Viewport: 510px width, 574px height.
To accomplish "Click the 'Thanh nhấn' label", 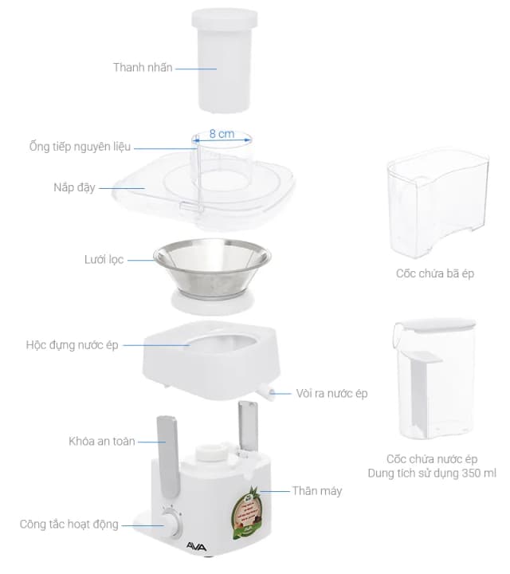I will pyautogui.click(x=143, y=68).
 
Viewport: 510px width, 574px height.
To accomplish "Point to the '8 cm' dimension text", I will pyautogui.click(x=222, y=135).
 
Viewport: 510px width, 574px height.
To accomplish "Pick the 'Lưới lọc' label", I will pyautogui.click(x=104, y=260).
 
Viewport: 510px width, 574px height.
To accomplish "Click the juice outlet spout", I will pyautogui.click(x=265, y=391).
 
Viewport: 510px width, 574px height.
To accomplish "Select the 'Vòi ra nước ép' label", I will pyautogui.click(x=331, y=393).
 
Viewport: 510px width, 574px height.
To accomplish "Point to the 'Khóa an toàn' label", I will pyautogui.click(x=102, y=441).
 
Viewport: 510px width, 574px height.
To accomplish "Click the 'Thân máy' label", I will pyautogui.click(x=316, y=490).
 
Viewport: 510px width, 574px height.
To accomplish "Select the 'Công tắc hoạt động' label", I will pyautogui.click(x=69, y=524).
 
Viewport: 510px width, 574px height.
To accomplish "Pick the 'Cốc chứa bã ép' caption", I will pyautogui.click(x=435, y=273).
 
